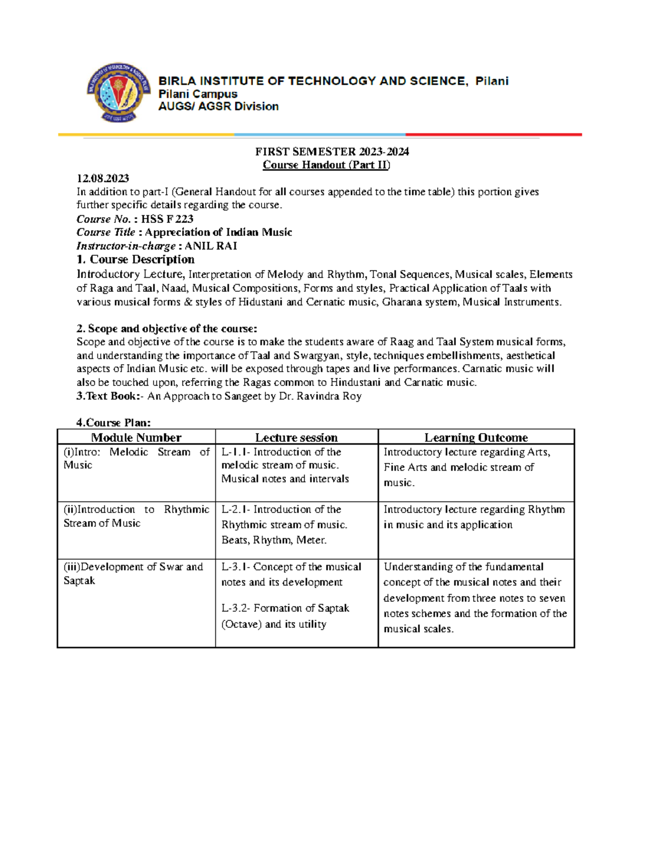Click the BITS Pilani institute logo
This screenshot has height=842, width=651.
click(x=118, y=92)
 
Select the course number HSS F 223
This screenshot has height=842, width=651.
click(x=167, y=219)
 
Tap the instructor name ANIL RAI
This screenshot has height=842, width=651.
click(x=211, y=246)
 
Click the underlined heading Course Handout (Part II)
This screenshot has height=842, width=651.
click(x=326, y=165)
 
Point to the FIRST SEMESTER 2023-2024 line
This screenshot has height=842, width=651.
click(x=332, y=152)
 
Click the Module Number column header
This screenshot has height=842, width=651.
click(x=136, y=438)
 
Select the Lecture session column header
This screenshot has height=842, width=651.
click(x=296, y=438)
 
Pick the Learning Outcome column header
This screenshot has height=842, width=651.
click(x=476, y=438)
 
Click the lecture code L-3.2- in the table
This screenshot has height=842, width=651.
click(x=236, y=608)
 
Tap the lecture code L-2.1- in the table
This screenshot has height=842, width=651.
click(x=236, y=510)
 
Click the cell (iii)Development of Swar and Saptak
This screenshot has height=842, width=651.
click(x=133, y=573)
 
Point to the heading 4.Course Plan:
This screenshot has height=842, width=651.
click(x=113, y=423)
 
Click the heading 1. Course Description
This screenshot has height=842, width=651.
click(x=136, y=260)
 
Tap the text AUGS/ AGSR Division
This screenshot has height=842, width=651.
click(x=218, y=107)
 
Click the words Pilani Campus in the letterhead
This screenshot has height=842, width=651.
click(x=197, y=94)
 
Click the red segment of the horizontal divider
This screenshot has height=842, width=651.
click(x=494, y=134)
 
